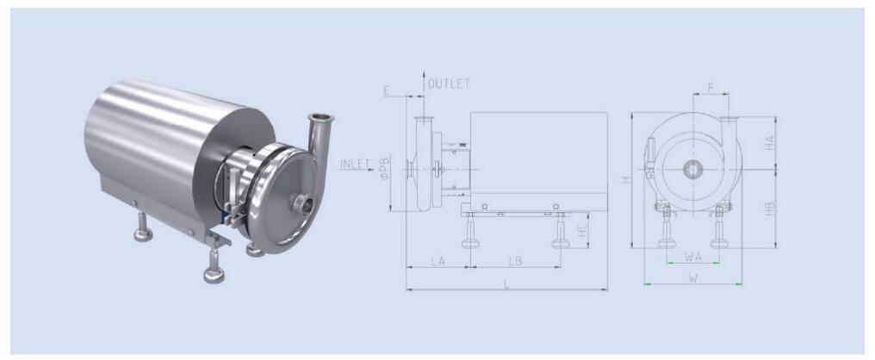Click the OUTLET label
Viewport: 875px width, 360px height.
pos(449,84)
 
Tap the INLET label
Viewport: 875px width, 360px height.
pos(355,164)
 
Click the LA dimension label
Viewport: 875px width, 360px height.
pos(438,261)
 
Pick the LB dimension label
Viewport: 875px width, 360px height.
pos(515,261)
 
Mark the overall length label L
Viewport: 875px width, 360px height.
pos(506,283)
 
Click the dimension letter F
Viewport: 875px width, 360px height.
pos(711,88)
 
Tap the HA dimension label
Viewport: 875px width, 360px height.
pos(770,143)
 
